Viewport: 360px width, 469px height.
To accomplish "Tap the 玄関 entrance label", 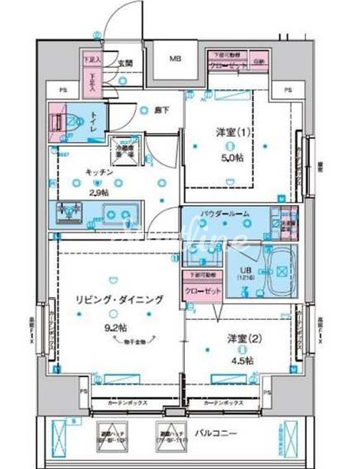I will coord(126,64).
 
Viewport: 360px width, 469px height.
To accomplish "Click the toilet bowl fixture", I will coord(68,122).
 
